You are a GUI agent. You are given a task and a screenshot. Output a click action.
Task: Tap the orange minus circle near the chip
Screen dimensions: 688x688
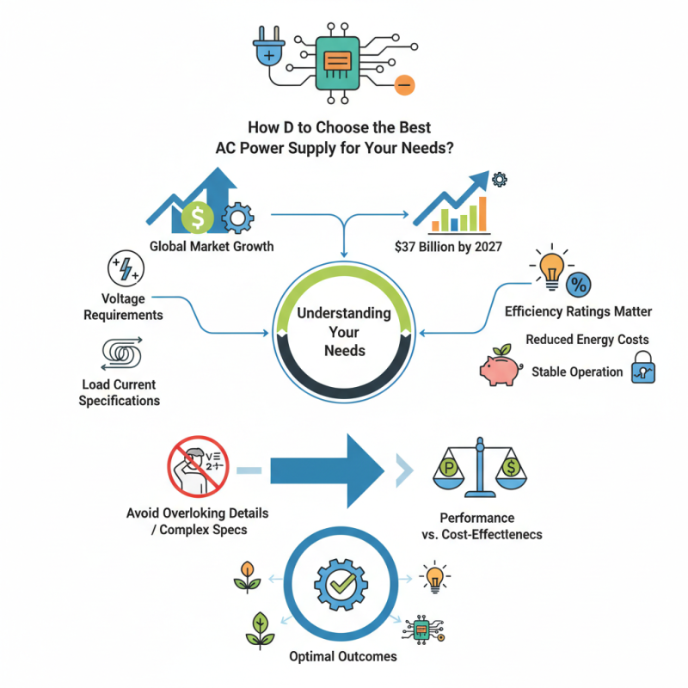[x=404, y=84]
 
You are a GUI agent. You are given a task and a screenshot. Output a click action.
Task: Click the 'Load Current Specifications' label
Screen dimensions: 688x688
[x=119, y=392]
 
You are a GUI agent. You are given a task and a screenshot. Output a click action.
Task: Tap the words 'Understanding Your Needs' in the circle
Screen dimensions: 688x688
[x=344, y=332]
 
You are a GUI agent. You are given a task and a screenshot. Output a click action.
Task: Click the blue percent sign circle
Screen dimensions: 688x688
[x=580, y=284]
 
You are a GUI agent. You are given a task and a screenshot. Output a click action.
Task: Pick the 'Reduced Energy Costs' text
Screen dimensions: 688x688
[x=587, y=340]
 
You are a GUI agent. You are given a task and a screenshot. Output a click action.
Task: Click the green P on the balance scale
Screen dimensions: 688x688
[x=448, y=468]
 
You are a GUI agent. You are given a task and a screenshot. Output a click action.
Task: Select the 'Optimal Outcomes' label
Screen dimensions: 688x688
[x=344, y=656]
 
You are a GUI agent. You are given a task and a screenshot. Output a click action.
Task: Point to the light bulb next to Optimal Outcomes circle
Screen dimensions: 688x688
[x=435, y=577]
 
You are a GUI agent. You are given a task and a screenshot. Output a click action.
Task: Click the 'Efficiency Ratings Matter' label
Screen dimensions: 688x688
[x=578, y=311]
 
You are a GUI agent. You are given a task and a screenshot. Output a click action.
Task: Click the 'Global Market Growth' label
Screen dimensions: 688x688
[x=212, y=246]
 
